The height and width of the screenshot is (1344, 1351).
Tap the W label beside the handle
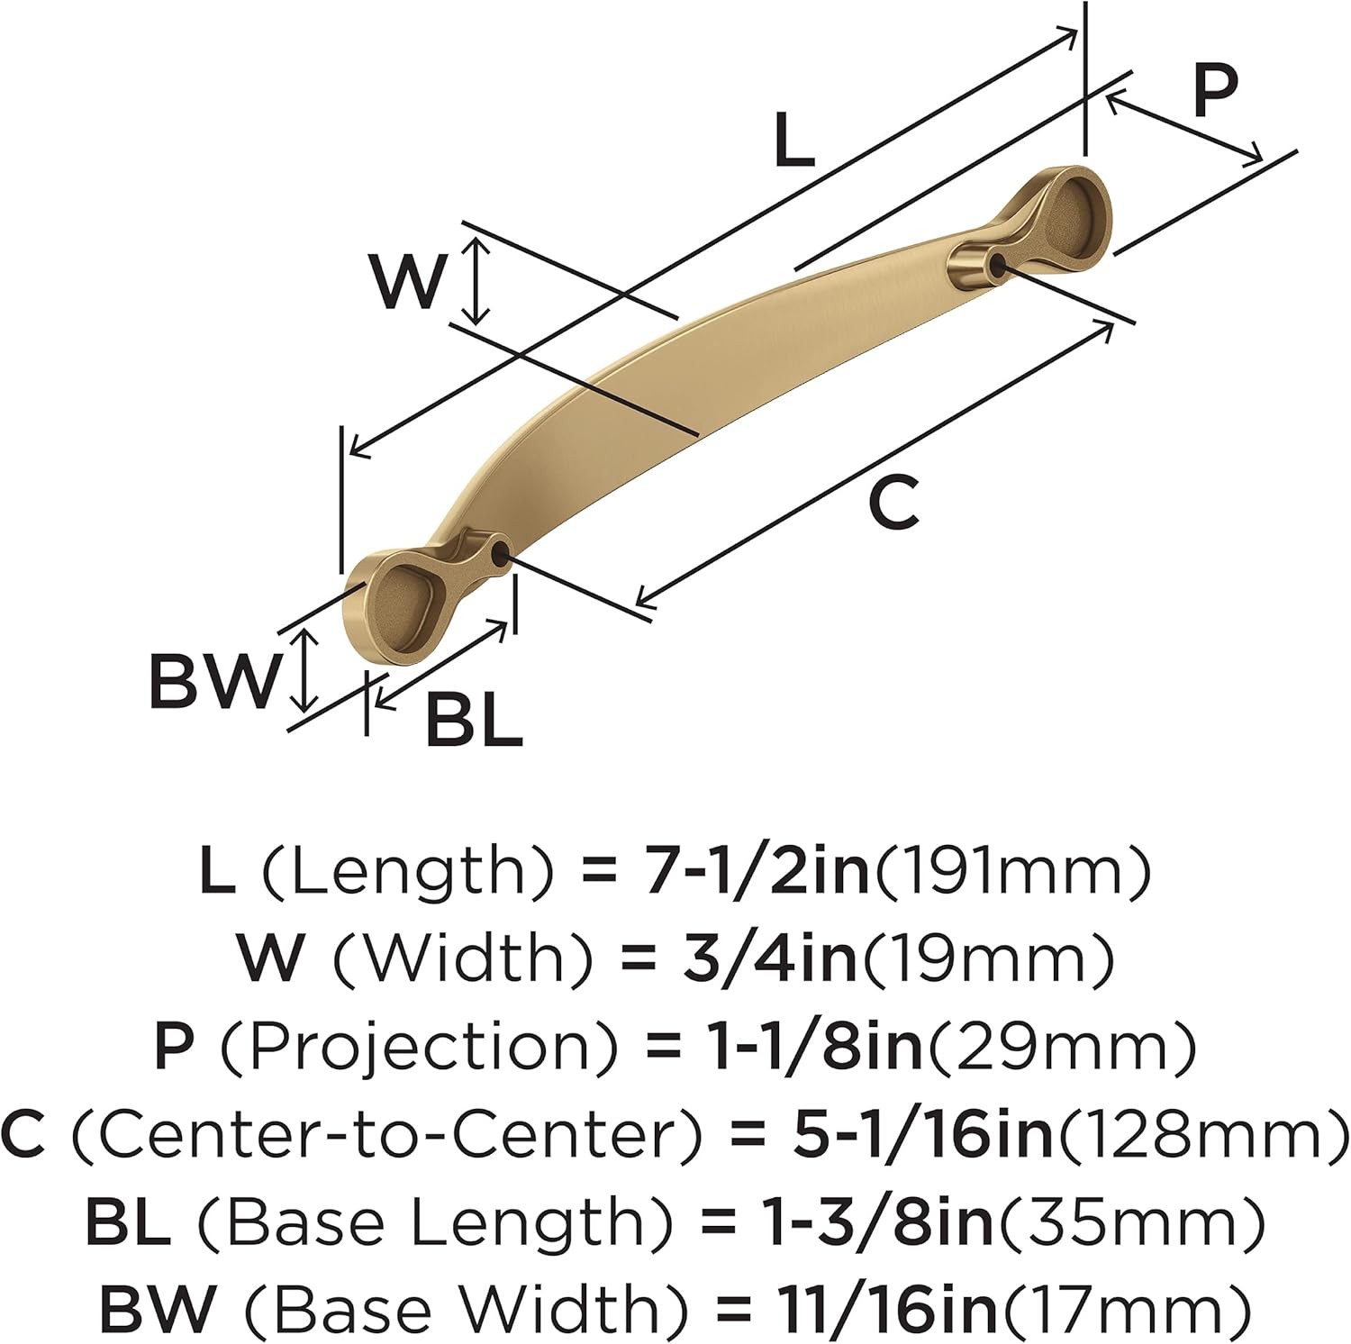click(x=408, y=281)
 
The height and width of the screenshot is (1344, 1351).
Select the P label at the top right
click(x=1215, y=91)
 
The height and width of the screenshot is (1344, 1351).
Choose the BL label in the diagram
click(x=474, y=721)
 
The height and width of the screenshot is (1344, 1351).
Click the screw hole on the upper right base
click(x=996, y=262)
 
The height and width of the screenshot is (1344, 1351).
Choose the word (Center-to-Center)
click(x=385, y=1133)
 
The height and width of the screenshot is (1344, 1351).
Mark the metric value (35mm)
click(x=1129, y=1221)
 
